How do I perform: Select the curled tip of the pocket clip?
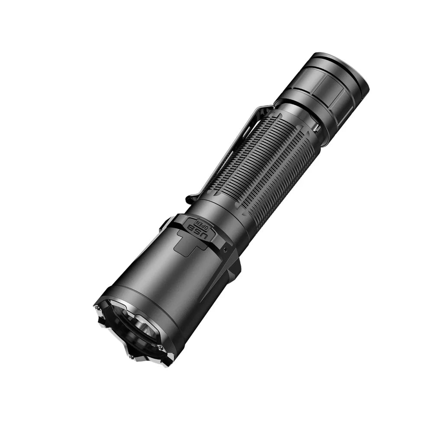191,200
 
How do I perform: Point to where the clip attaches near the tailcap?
266,108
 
